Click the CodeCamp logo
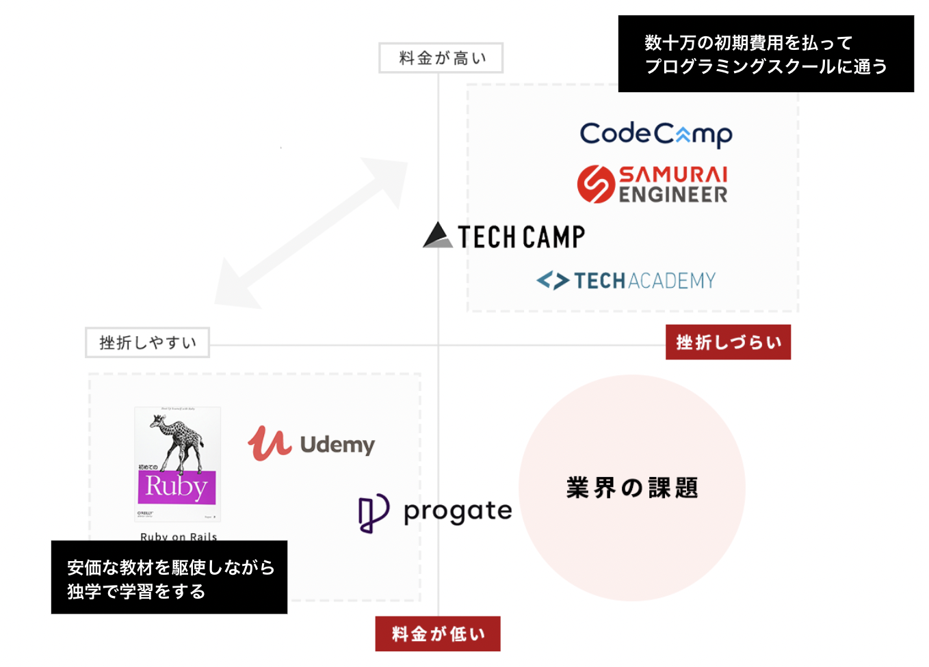click(655, 134)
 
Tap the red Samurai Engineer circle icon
click(596, 184)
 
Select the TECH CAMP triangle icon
click(437, 235)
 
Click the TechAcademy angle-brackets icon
click(553, 280)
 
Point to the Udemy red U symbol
click(269, 444)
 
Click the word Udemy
click(337, 445)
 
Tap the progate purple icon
click(374, 513)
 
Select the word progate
click(458, 511)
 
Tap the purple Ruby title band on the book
click(176, 487)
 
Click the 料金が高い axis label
click(441, 58)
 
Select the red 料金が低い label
click(438, 634)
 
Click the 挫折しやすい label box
click(147, 342)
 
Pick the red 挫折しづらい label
click(728, 342)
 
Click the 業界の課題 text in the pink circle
click(631, 488)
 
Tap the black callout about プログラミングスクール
click(766, 54)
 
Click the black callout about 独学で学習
click(169, 577)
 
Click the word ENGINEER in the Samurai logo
click(673, 195)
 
